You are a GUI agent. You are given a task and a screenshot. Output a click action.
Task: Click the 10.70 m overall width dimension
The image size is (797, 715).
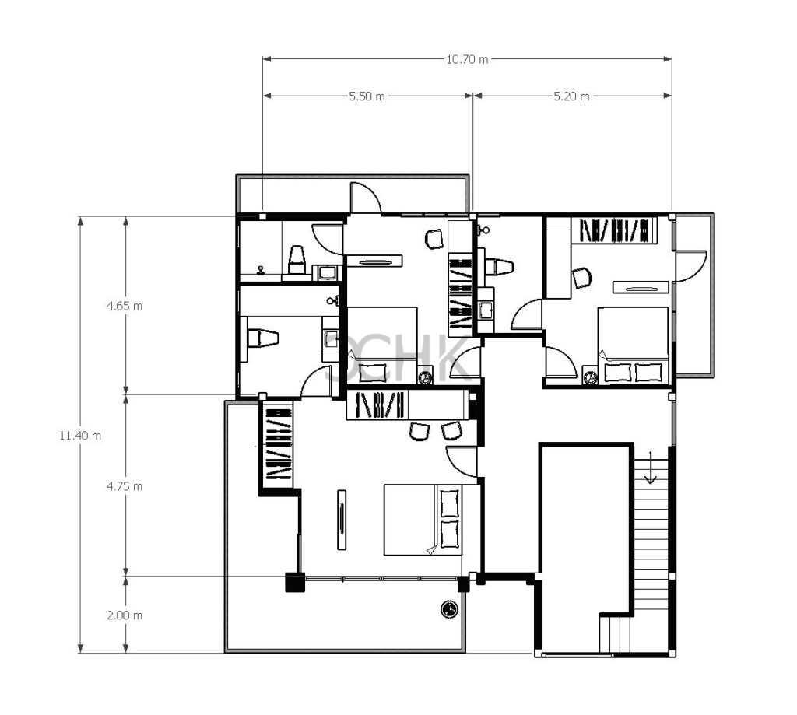(467, 59)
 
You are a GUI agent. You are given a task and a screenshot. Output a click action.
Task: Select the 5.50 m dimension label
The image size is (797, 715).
(367, 96)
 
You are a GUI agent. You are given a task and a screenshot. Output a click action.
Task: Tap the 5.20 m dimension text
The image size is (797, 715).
(572, 96)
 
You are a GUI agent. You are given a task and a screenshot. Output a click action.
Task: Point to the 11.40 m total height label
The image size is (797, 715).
(80, 436)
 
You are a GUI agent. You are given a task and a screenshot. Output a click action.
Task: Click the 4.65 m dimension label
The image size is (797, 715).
(125, 306)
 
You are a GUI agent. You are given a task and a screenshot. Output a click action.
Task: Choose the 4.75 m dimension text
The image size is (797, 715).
(125, 486)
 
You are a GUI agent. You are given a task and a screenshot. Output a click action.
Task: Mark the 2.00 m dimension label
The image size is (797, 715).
(125, 615)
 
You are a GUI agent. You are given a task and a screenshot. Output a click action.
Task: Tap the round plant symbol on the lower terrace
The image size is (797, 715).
(449, 608)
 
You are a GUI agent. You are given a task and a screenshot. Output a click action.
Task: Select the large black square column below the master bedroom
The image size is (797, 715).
(295, 583)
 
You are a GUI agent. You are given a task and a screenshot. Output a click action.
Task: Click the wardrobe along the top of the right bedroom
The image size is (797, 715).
(614, 230)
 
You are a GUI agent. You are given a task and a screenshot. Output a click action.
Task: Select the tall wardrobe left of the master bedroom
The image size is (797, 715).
(279, 444)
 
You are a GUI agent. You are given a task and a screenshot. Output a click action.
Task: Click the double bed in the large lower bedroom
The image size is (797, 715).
(423, 520)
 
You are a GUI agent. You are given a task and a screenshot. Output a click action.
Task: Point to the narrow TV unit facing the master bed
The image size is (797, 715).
(342, 520)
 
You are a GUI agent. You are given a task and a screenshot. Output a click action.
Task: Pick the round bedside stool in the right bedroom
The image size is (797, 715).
(590, 377)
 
